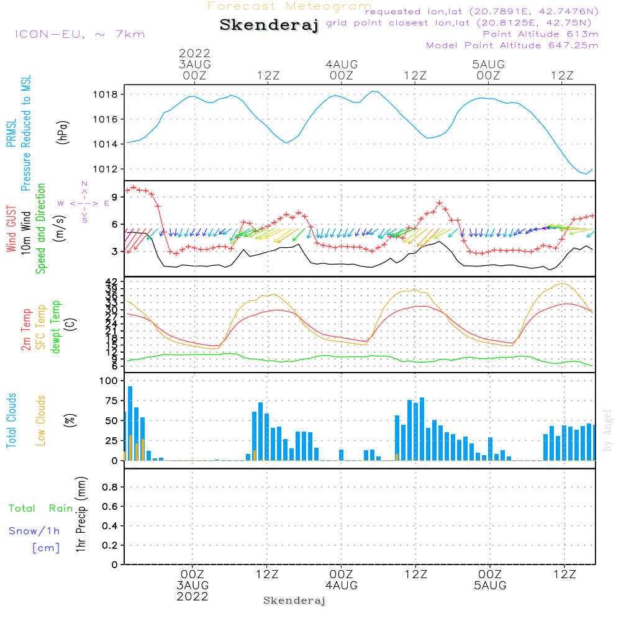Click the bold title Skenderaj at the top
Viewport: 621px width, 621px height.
click(269, 25)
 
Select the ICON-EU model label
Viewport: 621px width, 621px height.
click(79, 34)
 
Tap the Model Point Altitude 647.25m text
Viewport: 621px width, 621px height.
click(512, 45)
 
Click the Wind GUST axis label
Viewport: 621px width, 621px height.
click(12, 230)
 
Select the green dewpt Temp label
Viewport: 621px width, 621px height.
click(56, 327)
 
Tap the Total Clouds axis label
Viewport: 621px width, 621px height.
click(12, 421)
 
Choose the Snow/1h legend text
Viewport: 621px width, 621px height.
click(34, 531)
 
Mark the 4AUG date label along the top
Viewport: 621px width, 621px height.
click(342, 64)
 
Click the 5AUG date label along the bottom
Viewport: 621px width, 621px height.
click(489, 586)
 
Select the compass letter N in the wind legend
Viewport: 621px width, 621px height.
click(84, 184)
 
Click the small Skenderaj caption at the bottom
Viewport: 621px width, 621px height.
click(294, 601)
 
